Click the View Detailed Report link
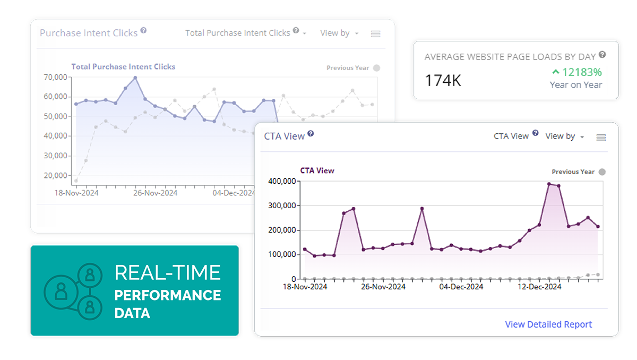(548, 324)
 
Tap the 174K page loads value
(443, 81)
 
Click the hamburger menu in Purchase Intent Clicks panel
(376, 33)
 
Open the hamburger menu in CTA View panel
(601, 137)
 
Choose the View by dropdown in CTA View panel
(565, 136)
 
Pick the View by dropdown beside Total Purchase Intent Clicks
(339, 33)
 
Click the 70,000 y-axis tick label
(55, 77)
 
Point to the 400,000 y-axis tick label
(282, 181)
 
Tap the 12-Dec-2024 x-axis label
(539, 287)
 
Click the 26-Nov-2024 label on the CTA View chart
(383, 287)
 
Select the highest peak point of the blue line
(135, 78)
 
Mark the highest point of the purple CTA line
(549, 184)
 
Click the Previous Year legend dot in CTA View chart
(602, 172)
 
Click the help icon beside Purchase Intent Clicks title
(143, 31)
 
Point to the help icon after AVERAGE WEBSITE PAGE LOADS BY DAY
(602, 55)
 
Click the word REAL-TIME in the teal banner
(167, 273)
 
